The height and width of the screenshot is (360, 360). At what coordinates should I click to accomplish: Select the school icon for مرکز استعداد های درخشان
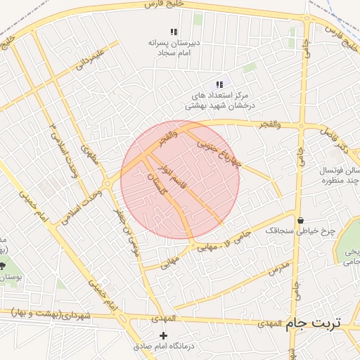(219, 84)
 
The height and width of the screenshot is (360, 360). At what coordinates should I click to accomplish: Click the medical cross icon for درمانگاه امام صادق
(164, 336)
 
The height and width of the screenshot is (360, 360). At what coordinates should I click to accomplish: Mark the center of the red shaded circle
(180, 180)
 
